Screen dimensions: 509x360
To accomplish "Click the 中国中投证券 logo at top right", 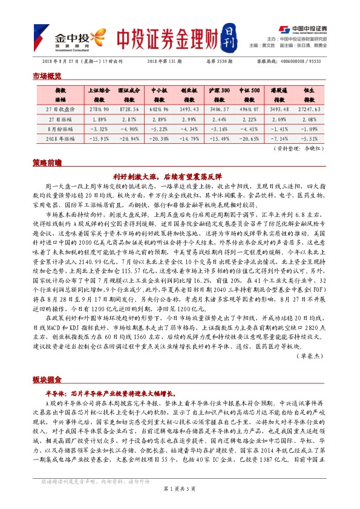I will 304,30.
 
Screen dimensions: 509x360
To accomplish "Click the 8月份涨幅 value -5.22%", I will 158,128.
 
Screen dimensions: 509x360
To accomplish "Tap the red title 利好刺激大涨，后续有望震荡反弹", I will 180,177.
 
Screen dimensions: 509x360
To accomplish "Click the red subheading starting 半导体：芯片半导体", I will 115,393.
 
